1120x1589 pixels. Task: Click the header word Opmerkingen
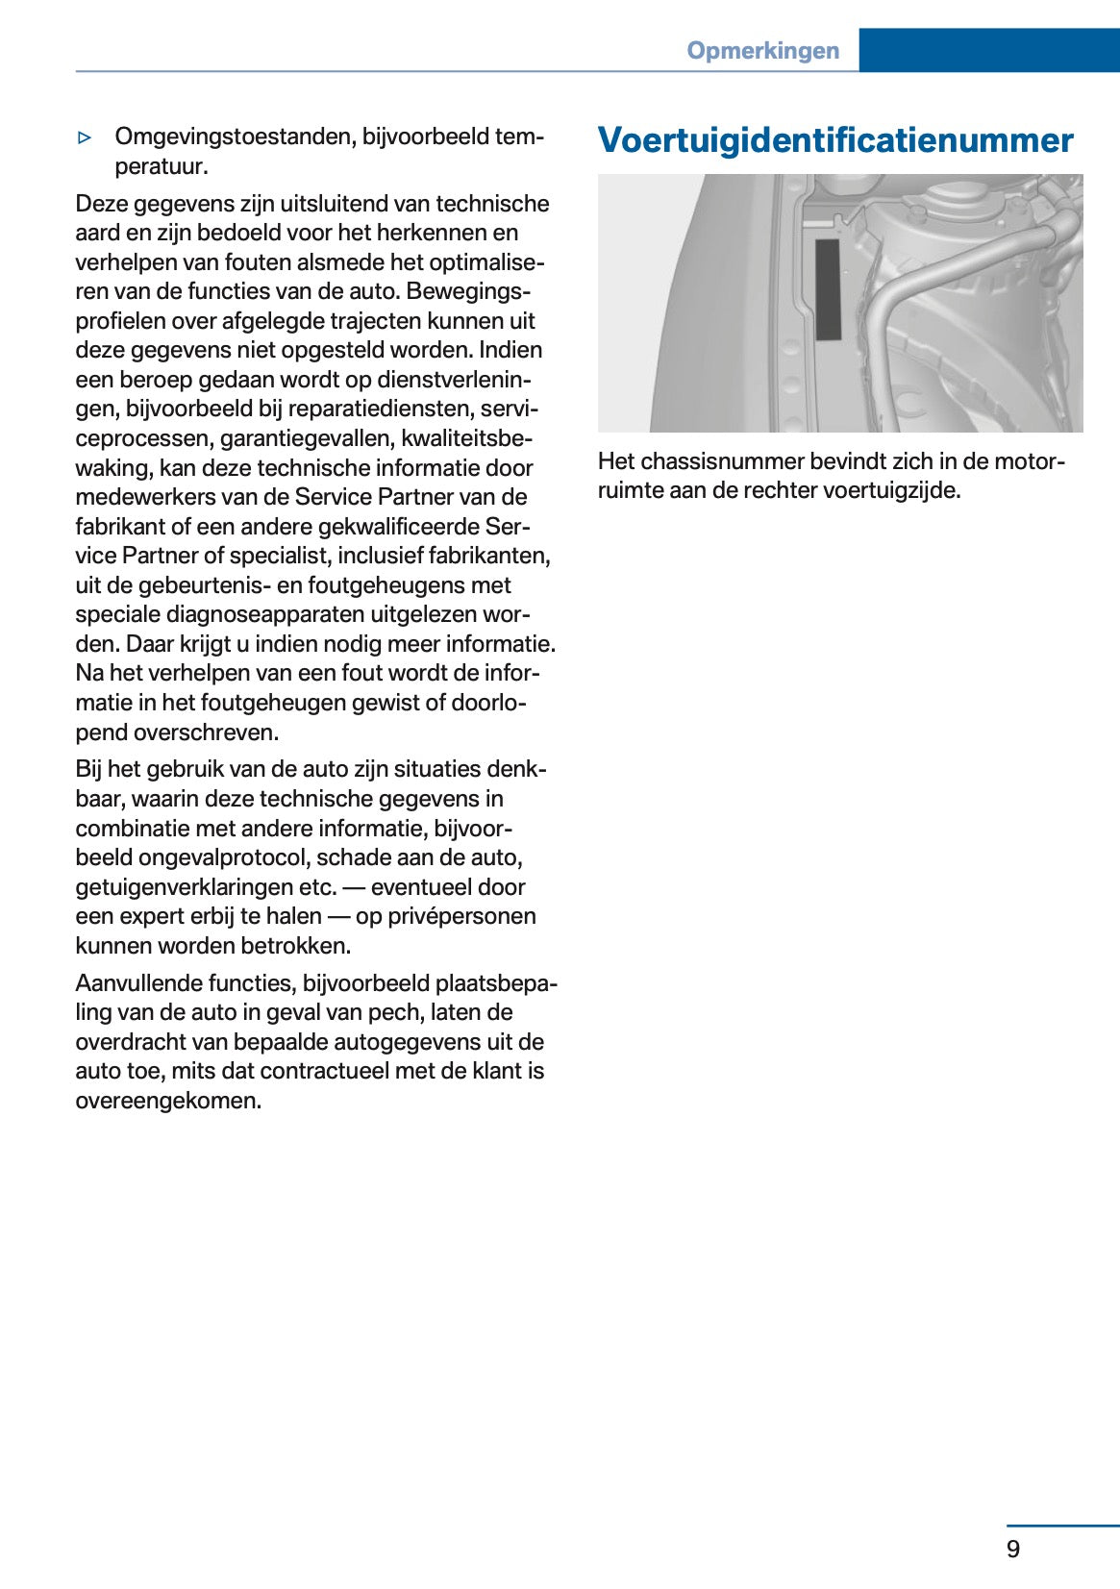tap(762, 51)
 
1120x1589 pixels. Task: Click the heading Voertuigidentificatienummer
tap(834, 140)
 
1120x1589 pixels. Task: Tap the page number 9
tap(1013, 1549)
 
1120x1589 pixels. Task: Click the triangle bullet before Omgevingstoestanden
tap(85, 137)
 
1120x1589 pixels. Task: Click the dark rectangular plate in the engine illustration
tap(828, 289)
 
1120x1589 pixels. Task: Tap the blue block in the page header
tap(988, 50)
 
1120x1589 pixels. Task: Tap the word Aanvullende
tap(137, 983)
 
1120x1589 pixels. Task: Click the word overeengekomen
tap(168, 1101)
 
